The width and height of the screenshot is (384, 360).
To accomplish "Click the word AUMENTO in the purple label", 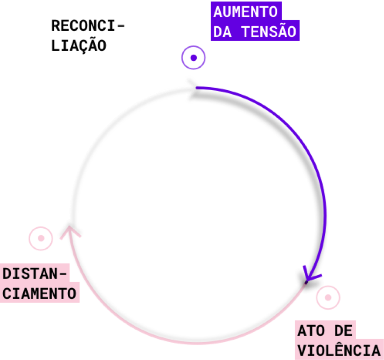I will (x=245, y=12).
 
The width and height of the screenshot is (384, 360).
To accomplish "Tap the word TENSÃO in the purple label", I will (x=269, y=32).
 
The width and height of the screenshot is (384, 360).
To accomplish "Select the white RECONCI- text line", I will (x=88, y=26).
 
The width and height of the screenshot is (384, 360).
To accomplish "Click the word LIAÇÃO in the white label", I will (x=79, y=46).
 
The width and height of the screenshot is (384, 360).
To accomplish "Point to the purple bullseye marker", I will (x=193, y=58).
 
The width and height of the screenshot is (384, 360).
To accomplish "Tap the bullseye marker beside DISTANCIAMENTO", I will (x=41, y=238).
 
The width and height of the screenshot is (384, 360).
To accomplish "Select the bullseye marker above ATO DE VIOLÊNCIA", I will (x=328, y=297).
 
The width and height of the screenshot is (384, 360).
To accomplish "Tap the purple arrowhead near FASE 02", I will (x=310, y=274).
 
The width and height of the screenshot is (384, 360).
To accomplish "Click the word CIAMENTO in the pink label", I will (x=40, y=293).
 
